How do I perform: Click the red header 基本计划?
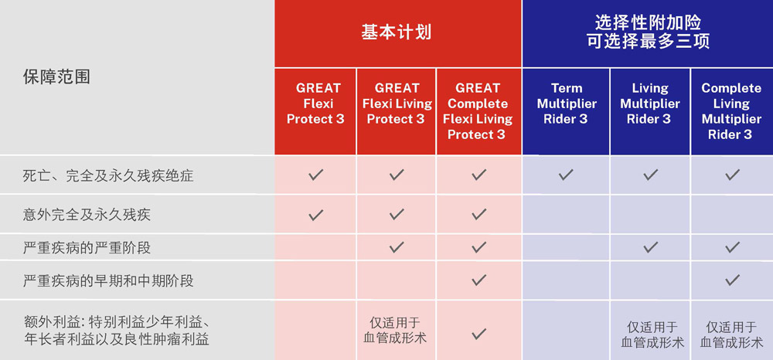point(397,32)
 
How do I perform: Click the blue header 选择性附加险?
point(648,22)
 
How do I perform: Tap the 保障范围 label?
point(56,77)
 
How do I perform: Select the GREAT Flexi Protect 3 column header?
point(315,104)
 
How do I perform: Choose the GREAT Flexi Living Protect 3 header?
point(397,104)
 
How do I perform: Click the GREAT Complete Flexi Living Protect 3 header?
point(477,111)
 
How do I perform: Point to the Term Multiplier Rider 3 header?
point(566,104)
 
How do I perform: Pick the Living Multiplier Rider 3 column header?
point(650,104)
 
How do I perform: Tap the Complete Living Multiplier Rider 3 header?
point(731,111)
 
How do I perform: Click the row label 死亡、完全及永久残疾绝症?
point(107,176)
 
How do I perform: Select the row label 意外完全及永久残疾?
point(87,216)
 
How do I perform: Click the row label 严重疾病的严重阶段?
point(87,248)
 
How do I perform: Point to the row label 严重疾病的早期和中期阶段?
point(108,280)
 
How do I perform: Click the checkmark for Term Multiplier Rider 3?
point(566,175)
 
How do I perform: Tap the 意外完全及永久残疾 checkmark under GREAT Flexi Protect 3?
point(315,215)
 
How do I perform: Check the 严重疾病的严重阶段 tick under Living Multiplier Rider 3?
point(650,246)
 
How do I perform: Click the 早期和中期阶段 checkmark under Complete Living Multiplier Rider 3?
point(731,280)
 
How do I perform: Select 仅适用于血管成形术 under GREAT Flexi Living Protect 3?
point(395,330)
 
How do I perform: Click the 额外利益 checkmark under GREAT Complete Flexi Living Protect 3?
point(478,334)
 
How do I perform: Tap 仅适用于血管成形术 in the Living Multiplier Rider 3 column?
point(652,335)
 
